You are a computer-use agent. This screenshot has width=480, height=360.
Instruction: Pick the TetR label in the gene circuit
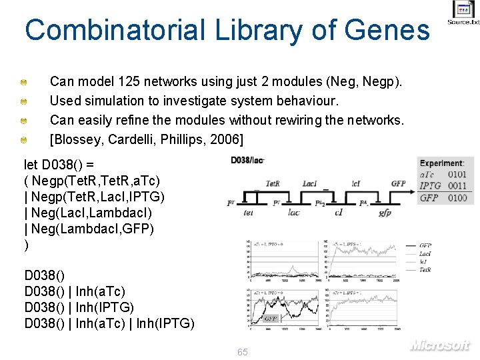[273, 183]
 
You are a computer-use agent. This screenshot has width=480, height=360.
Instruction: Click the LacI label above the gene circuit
[309, 183]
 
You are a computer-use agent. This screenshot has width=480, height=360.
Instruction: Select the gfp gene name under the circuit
[385, 213]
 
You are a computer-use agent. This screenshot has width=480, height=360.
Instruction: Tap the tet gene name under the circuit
[248, 213]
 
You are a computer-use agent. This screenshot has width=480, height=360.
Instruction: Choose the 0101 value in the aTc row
[457, 175]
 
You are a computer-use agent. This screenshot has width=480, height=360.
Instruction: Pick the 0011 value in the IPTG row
[457, 186]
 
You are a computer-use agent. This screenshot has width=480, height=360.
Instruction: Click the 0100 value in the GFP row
[457, 197]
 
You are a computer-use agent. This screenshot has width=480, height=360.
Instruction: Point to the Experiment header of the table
[442, 163]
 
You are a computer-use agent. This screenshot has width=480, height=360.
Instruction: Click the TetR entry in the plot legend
[425, 270]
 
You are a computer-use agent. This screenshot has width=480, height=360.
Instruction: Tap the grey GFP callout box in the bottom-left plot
[271, 319]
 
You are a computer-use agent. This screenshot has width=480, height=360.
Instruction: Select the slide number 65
[242, 351]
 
